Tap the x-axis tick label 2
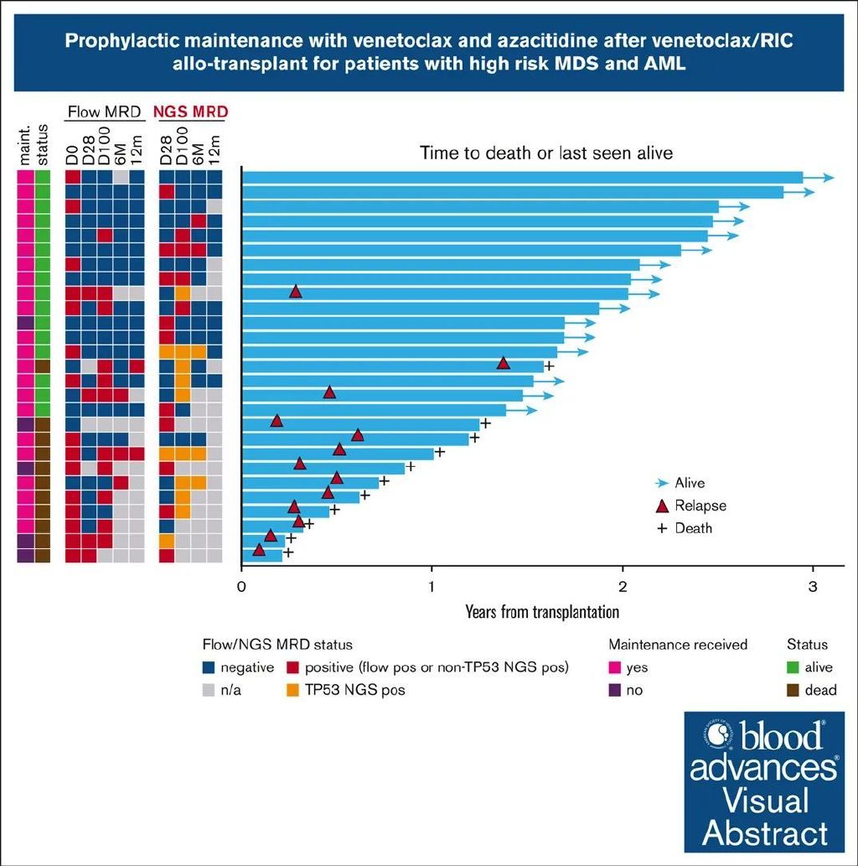(623, 587)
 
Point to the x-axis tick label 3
(812, 587)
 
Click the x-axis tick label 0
(241, 587)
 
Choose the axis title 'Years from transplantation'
(542, 611)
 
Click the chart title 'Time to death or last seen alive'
(546, 153)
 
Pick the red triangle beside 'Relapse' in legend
(662, 506)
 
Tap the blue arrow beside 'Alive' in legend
(662, 483)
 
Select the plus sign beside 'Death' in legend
(662, 528)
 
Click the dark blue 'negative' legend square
(209, 668)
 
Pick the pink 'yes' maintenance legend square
(615, 668)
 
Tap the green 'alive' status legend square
(793, 668)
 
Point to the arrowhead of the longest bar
(830, 178)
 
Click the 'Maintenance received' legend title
(678, 645)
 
